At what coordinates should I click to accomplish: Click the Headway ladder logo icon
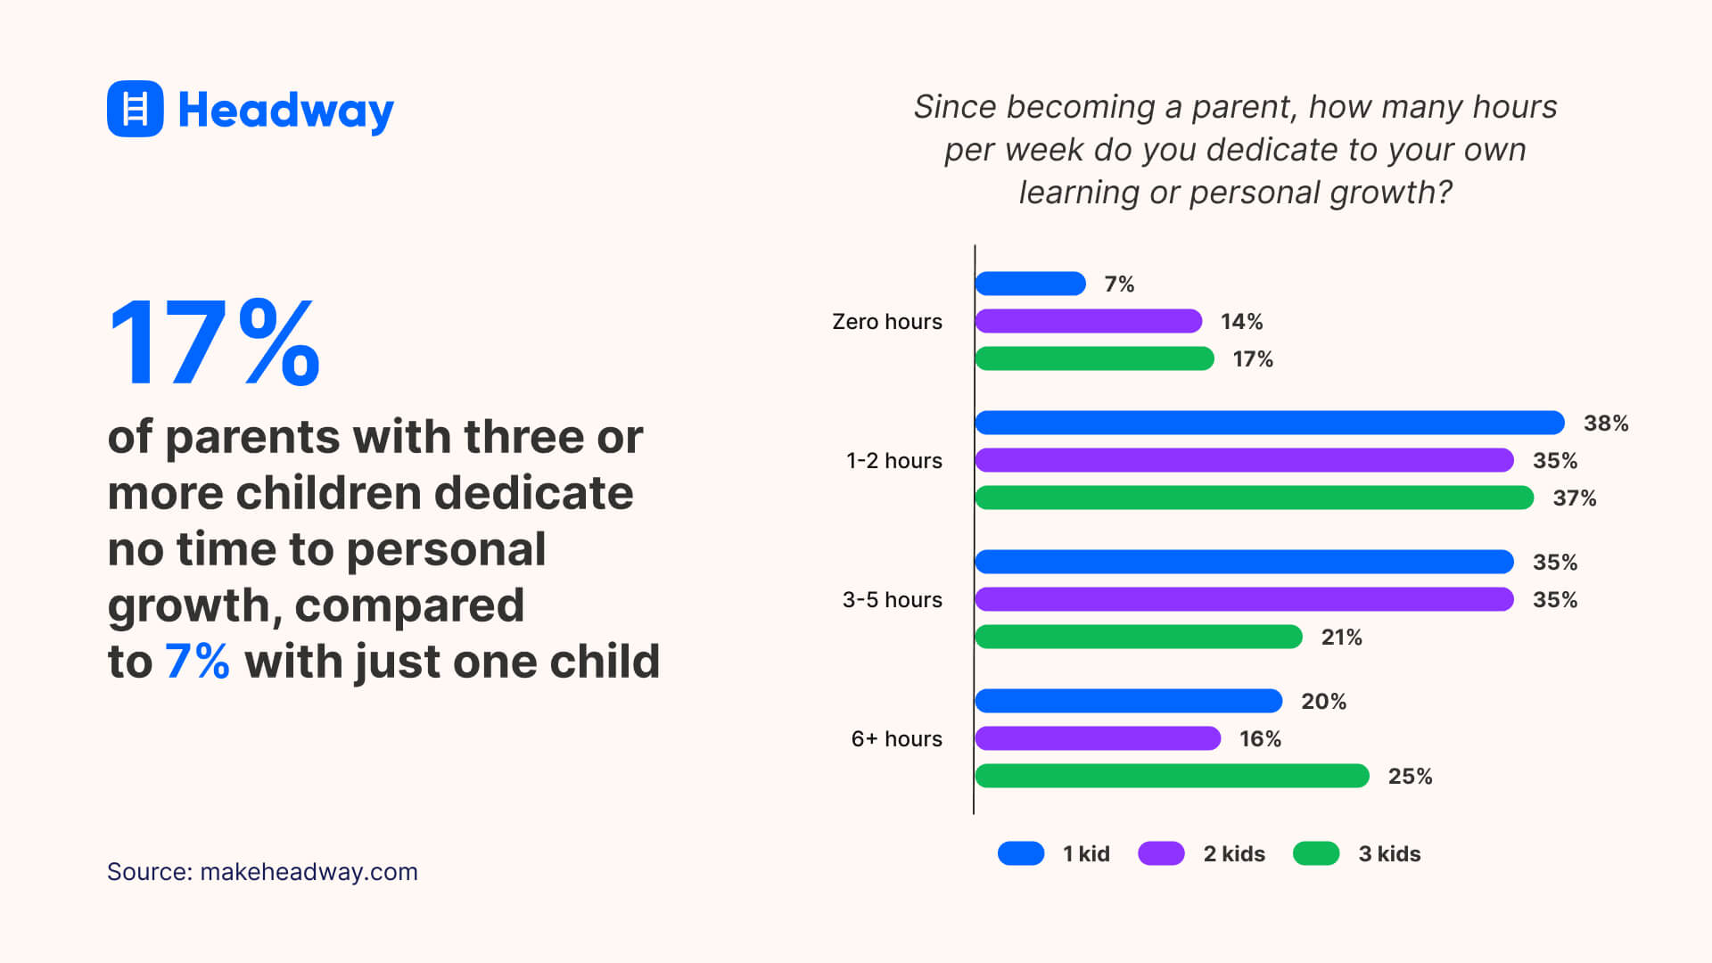click(x=135, y=109)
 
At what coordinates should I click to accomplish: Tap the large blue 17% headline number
click(x=214, y=343)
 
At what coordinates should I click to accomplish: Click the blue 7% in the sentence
click(x=197, y=662)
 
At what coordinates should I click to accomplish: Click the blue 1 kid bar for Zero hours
click(x=1030, y=284)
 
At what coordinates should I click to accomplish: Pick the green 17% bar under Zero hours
click(x=1094, y=358)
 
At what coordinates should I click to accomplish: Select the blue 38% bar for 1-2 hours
click(x=1269, y=423)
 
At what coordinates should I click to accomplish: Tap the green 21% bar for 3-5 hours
click(x=1138, y=637)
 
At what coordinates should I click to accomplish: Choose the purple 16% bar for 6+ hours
click(x=1097, y=738)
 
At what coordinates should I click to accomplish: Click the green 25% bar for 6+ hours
click(x=1172, y=776)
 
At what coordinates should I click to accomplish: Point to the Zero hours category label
click(x=886, y=321)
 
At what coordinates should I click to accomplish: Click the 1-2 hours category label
click(x=893, y=460)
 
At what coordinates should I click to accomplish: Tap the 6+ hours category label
click(x=896, y=738)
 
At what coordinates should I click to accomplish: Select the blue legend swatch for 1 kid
click(x=1021, y=853)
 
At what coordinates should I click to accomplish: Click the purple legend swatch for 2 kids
click(x=1161, y=853)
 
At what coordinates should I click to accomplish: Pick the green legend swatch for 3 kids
click(x=1316, y=853)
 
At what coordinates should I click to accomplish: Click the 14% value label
click(x=1241, y=321)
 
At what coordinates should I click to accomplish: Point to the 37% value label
click(x=1574, y=498)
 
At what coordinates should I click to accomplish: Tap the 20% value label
click(x=1323, y=701)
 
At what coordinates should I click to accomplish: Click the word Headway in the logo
click(x=285, y=111)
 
